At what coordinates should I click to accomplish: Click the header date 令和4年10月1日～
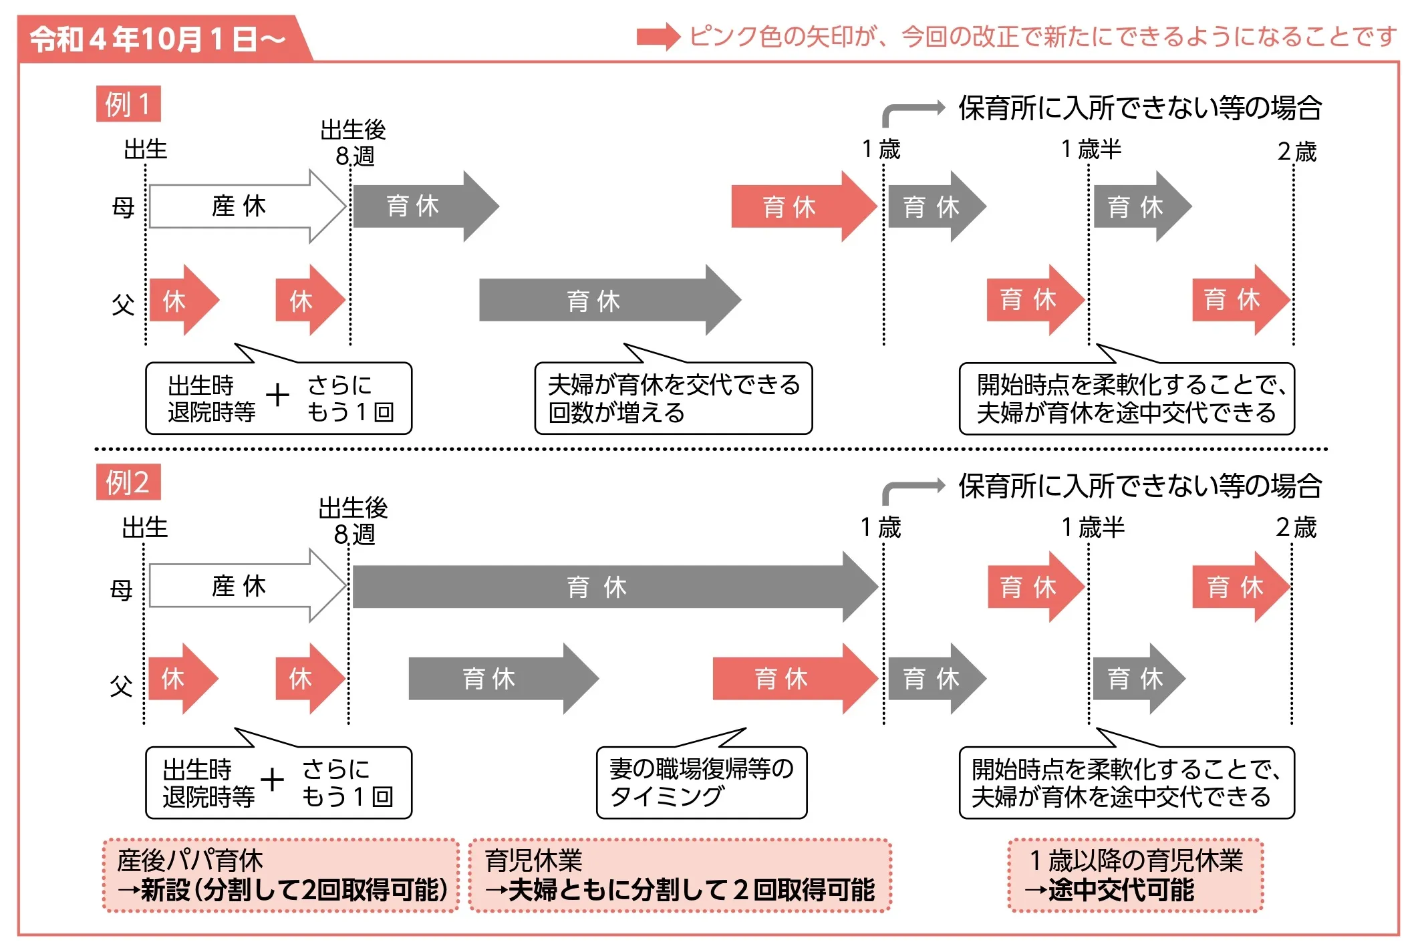point(158,39)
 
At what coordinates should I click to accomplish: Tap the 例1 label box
point(128,104)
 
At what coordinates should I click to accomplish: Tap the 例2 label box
point(128,482)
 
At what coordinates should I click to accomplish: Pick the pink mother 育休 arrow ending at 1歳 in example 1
point(795,207)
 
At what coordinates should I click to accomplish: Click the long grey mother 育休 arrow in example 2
point(601,587)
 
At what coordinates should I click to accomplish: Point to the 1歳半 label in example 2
point(1093,528)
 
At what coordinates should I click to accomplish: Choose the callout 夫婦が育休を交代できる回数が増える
point(674,399)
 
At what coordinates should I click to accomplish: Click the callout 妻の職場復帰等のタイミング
point(702,782)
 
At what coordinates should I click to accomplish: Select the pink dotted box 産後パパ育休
point(281,875)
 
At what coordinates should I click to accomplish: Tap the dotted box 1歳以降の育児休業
point(1135,875)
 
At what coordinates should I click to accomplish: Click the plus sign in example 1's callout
point(277,395)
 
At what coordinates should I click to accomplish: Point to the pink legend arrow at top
point(658,37)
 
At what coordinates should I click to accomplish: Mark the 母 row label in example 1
point(123,208)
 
